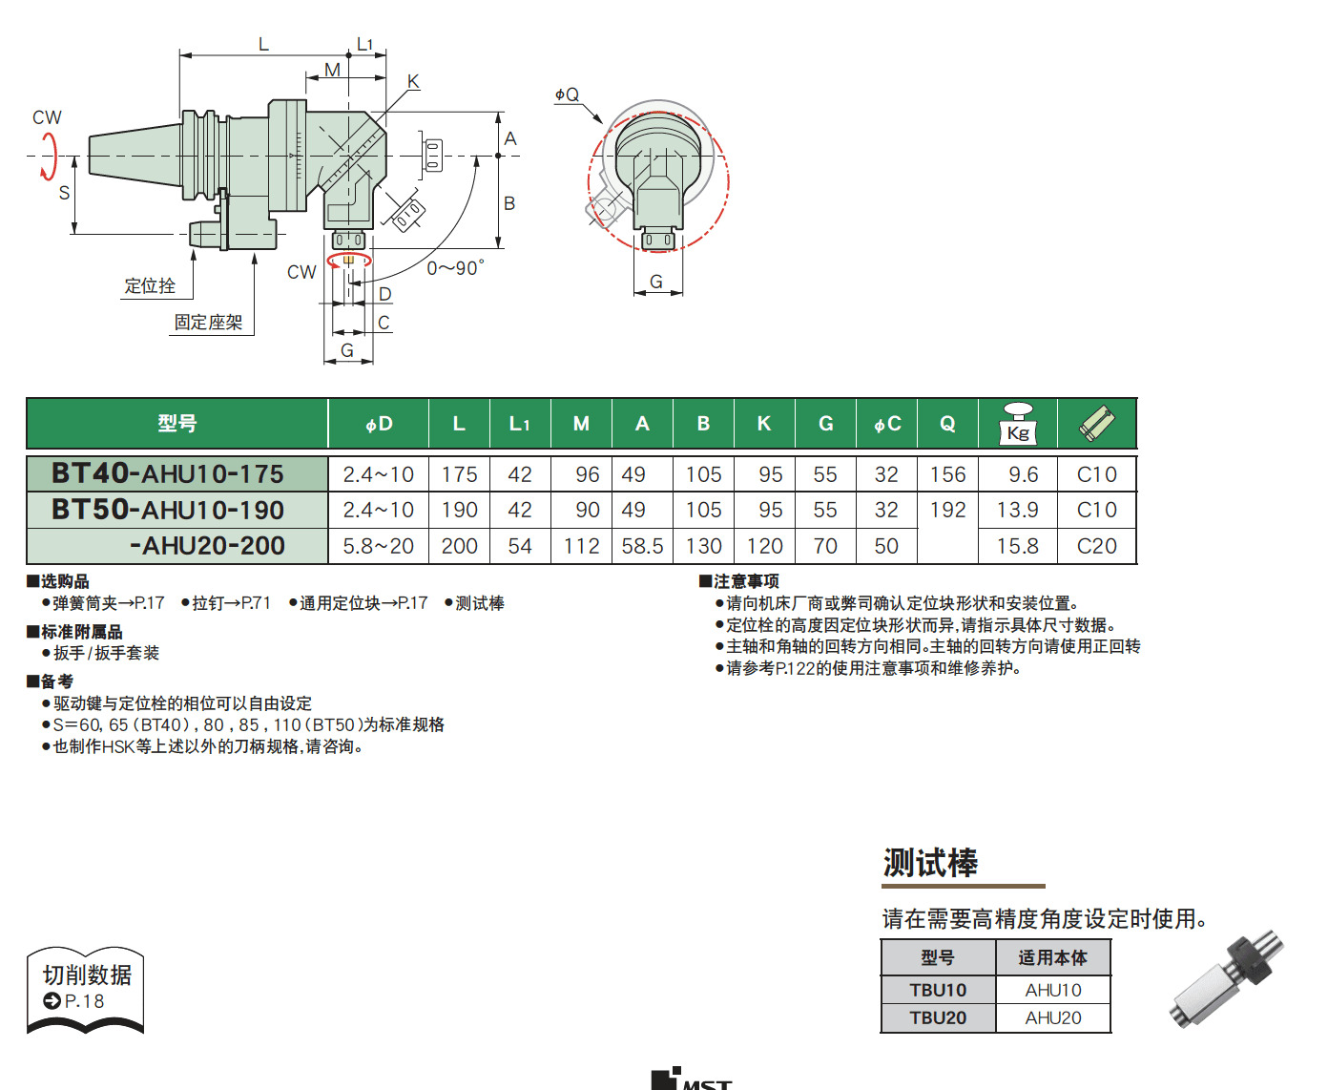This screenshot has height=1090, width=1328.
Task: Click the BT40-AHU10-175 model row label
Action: coord(168,473)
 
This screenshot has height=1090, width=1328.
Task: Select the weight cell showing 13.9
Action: coord(1017,510)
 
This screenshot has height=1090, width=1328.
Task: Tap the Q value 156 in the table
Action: coord(947,474)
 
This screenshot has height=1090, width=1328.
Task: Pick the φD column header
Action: coord(379,424)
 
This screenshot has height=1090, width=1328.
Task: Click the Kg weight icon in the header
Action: coord(1018,424)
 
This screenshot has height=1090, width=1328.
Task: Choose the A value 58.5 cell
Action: coord(642,546)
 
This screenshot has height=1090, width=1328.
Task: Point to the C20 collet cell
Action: coord(1097,546)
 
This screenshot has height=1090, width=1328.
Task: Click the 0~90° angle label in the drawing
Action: coord(455,268)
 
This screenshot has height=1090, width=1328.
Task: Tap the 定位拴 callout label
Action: coord(150,285)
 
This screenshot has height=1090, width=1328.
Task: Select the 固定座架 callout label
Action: coord(208,322)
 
